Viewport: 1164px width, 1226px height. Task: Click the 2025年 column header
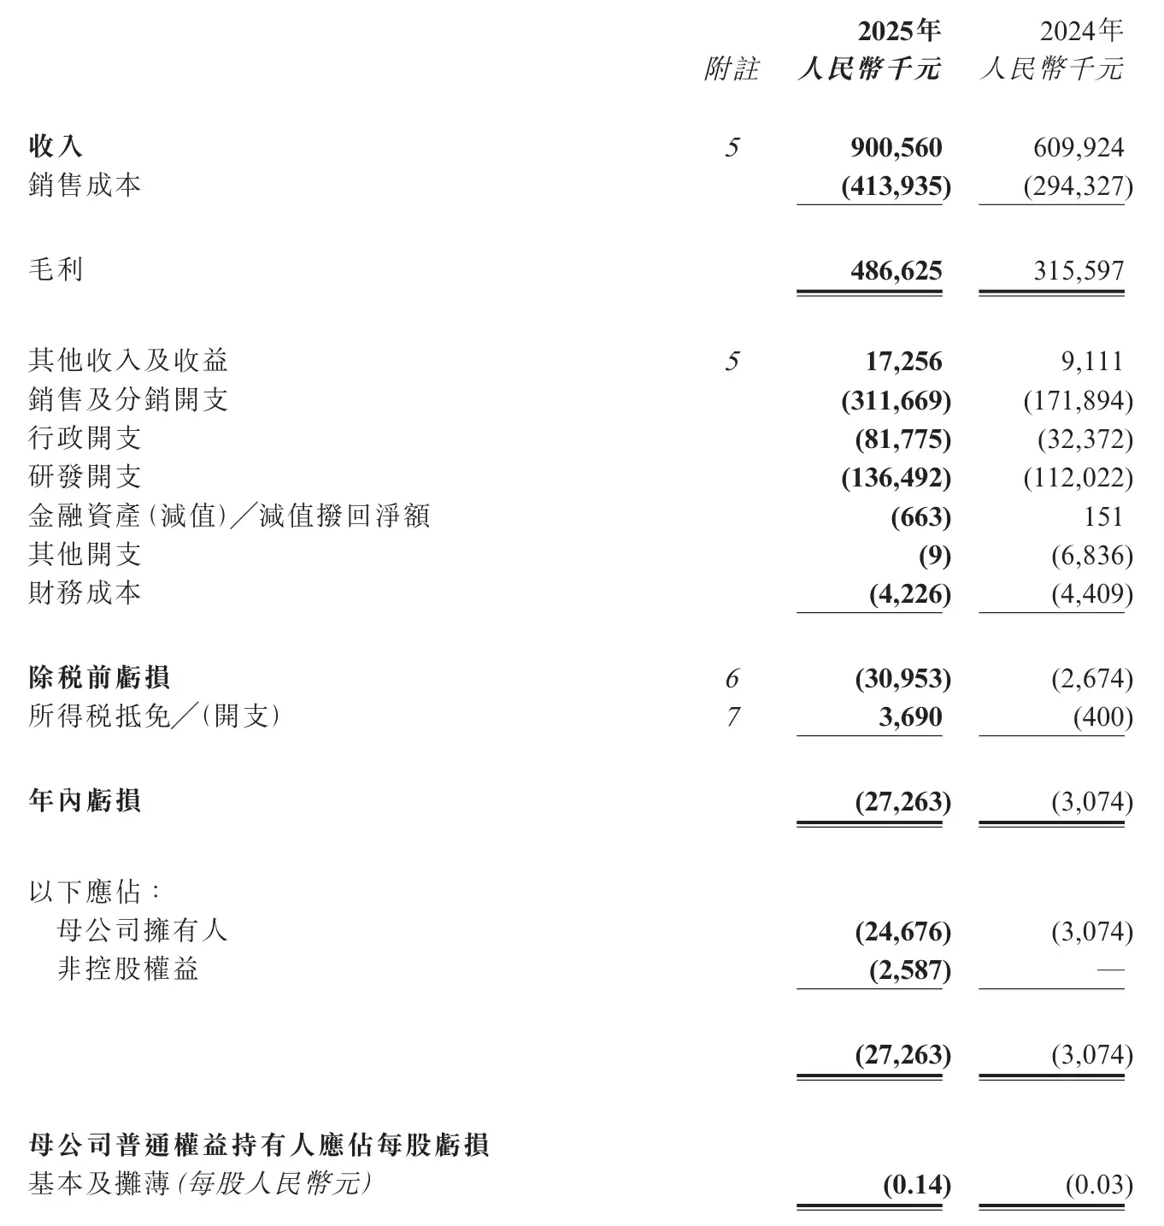899,32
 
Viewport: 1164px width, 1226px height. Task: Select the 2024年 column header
1080,32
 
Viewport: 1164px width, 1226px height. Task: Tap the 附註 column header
732,69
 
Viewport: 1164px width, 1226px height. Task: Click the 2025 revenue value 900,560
896,148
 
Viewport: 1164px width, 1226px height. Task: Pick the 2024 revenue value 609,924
1078,148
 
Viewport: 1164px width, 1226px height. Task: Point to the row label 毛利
56,270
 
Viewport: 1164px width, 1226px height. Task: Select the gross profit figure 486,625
896,271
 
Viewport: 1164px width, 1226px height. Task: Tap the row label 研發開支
85,477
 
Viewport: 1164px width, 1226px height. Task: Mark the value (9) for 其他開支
934,556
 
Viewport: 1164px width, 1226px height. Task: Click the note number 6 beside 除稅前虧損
732,679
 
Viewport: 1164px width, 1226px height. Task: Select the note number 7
732,716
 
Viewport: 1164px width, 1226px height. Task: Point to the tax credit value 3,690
910,716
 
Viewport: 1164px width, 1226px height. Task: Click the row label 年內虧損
85,801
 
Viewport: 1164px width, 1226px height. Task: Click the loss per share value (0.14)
916,1185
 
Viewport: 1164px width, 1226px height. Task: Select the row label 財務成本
85,593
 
